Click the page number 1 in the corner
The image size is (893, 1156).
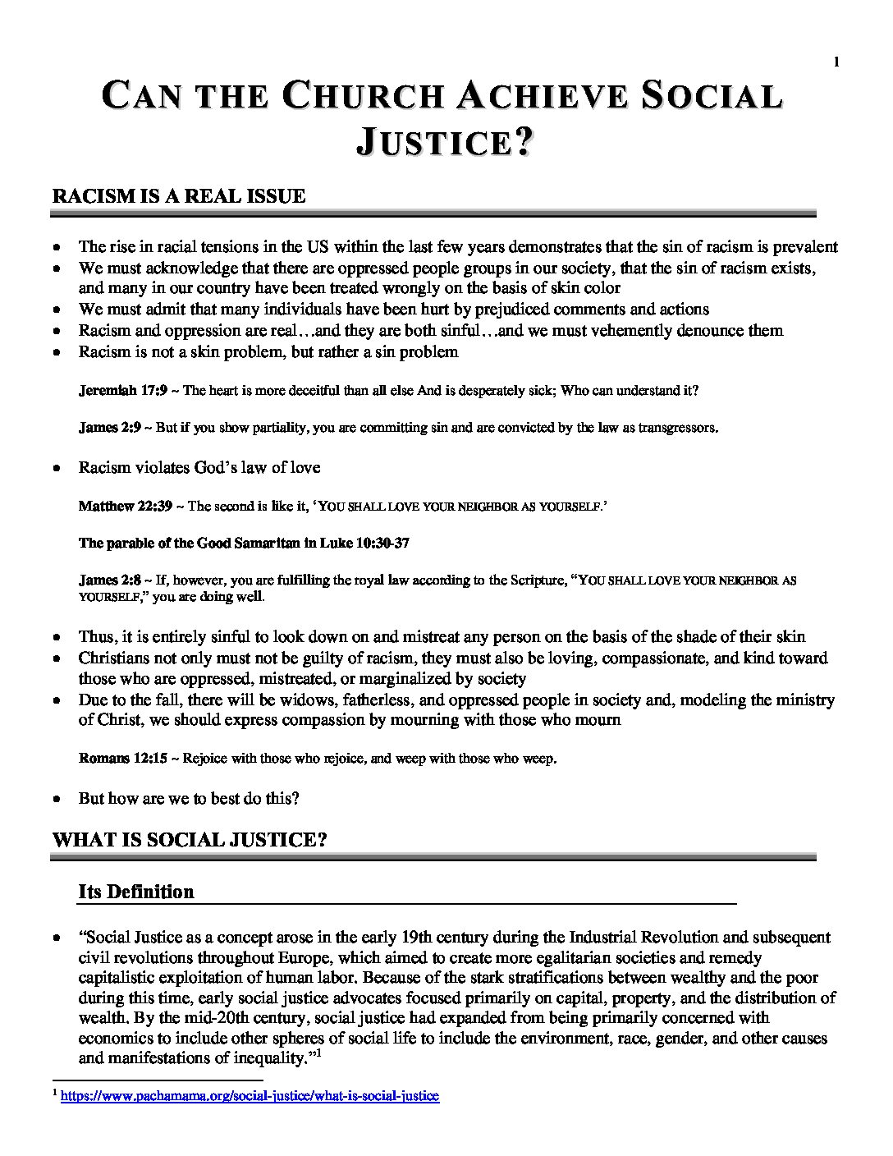(x=835, y=62)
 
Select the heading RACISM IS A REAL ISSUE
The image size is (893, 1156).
(x=179, y=196)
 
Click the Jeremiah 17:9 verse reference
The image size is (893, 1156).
(x=123, y=391)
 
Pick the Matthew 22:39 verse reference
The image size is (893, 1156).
(x=125, y=507)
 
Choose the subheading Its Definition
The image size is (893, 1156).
(x=136, y=892)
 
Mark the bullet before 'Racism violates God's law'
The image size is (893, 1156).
(x=56, y=468)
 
